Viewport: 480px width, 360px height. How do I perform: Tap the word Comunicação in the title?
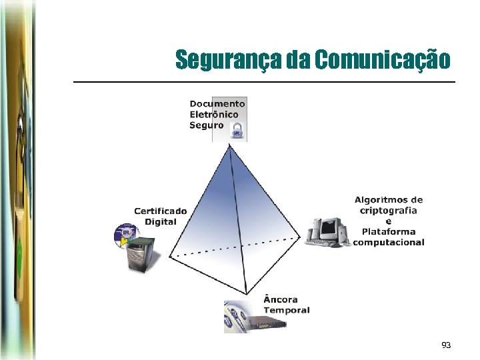(383, 60)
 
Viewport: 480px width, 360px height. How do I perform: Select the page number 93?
(446, 345)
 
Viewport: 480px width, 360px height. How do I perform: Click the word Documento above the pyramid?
(217, 103)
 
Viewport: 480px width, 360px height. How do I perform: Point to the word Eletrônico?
(214, 114)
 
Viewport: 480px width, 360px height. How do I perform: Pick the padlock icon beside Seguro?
(236, 131)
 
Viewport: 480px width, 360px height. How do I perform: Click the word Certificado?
(161, 211)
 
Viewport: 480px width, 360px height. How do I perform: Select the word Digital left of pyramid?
(161, 221)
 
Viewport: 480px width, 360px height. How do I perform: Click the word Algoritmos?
(389, 200)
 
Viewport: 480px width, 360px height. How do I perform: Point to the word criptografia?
(389, 211)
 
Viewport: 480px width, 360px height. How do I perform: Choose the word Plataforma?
(389, 232)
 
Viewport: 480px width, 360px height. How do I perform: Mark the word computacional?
(389, 242)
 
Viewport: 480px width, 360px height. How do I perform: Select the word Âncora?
(281, 299)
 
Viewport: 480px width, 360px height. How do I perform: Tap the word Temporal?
(287, 310)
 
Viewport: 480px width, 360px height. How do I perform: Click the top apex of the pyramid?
(231, 146)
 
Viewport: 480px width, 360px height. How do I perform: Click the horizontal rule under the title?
(263, 81)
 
